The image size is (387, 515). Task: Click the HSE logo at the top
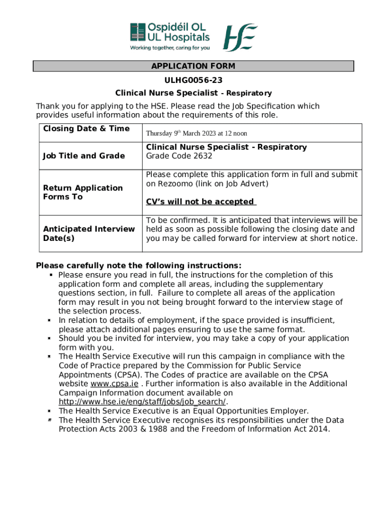pos(240,37)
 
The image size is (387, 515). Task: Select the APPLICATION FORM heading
pos(193,66)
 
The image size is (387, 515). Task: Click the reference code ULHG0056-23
pos(193,80)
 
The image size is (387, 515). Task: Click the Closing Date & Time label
pos(86,129)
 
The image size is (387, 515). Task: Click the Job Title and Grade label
pos(84,156)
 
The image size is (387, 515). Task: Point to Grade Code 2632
pos(179,156)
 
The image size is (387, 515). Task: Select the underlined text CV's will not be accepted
pos(201,202)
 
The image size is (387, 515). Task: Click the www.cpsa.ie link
pos(114,384)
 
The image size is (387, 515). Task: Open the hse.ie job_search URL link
pos(142,402)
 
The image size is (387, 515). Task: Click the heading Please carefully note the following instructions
pos(139,266)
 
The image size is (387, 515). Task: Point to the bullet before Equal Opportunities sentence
pos(50,411)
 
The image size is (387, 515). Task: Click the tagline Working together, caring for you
pos(170,48)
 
